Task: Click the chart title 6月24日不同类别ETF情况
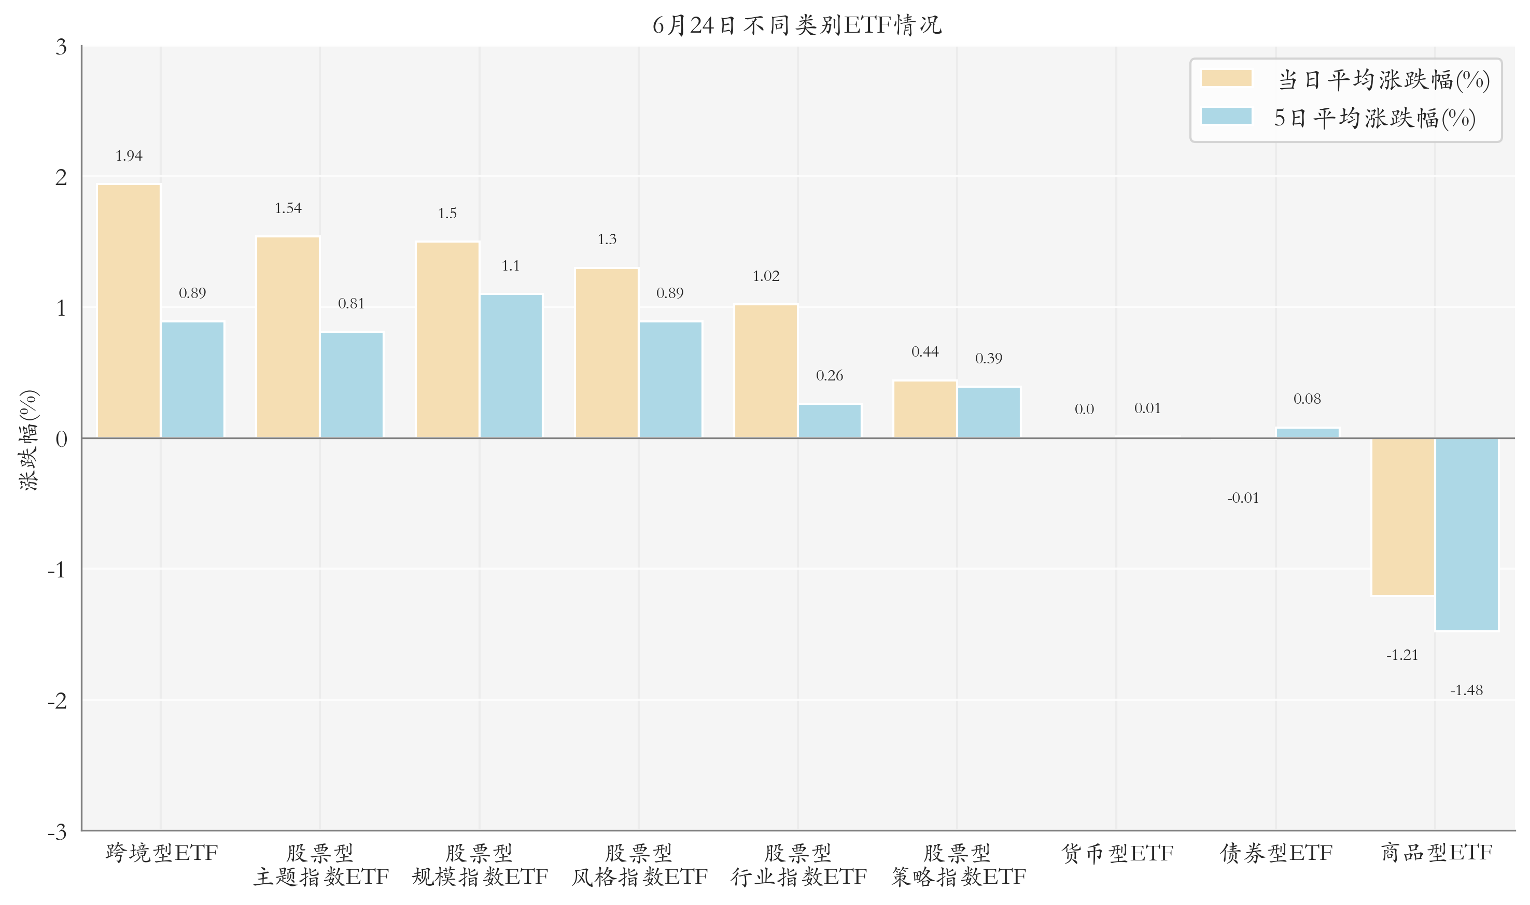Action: [797, 25]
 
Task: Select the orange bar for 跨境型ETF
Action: [129, 311]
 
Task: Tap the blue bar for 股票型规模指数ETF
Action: [511, 366]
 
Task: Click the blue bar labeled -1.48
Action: [1467, 534]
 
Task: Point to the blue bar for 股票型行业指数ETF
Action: [830, 421]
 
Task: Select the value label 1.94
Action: [129, 156]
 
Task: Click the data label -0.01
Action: [1243, 498]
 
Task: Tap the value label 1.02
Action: [766, 276]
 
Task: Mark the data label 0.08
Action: [1307, 399]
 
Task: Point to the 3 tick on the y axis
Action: [61, 47]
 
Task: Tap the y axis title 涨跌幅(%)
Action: [29, 439]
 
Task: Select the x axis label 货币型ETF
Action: [1117, 853]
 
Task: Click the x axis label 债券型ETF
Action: [1276, 853]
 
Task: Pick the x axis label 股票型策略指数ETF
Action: [958, 865]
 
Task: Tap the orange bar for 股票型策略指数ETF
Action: [925, 409]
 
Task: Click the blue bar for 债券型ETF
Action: [1308, 433]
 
